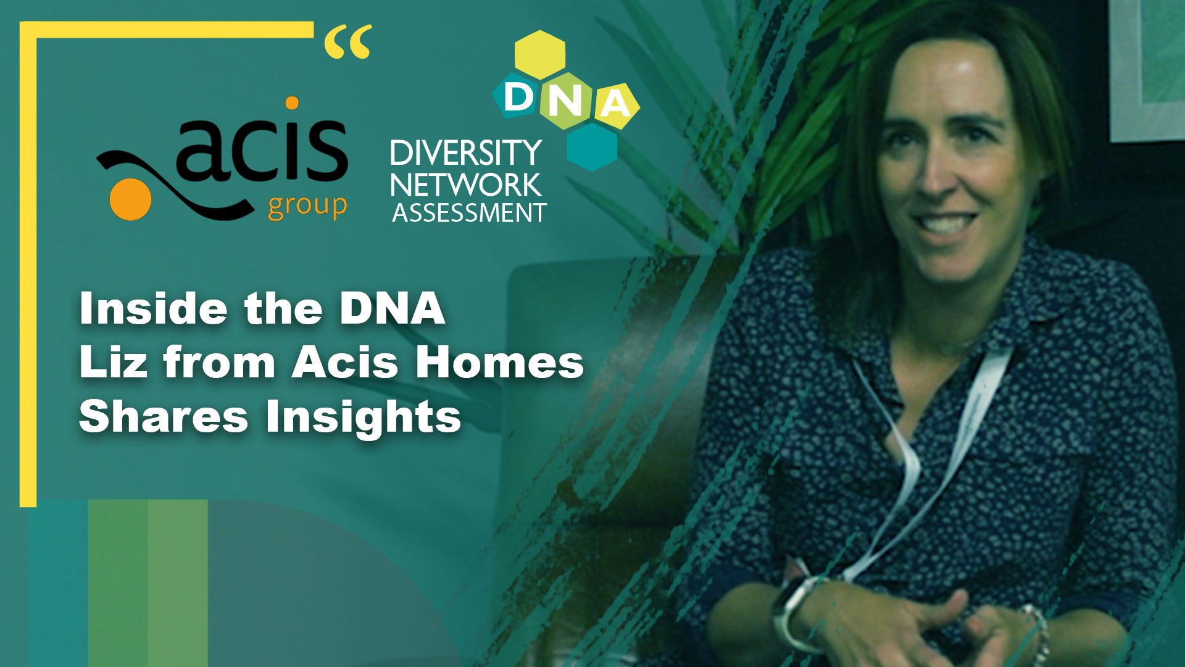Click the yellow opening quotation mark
[348, 41]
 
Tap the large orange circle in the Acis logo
[130, 199]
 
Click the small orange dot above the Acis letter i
[292, 103]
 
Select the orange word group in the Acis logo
[307, 207]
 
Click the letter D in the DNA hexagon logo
[518, 97]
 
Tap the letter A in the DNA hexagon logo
[615, 103]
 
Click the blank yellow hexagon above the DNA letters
[540, 54]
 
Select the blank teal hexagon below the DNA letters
[592, 146]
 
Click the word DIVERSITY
[466, 153]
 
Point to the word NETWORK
[466, 185]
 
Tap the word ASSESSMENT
[469, 213]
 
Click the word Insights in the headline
[364, 417]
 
